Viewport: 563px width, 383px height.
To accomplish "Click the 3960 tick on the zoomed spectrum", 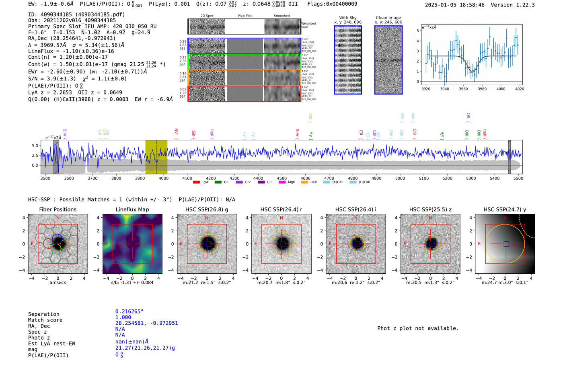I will pyautogui.click(x=463, y=89).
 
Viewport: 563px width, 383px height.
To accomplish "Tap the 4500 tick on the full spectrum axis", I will pyautogui.click(x=282, y=178).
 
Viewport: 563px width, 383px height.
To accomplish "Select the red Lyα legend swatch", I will pyautogui.click(x=196, y=182).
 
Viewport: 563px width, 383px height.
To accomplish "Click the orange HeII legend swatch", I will pyautogui.click(x=304, y=182).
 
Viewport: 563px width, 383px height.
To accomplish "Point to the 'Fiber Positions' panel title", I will pyautogui.click(x=58, y=209).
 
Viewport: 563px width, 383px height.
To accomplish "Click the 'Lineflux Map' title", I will pyautogui.click(x=132, y=209).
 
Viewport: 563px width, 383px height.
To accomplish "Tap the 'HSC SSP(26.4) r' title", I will pyautogui.click(x=281, y=209).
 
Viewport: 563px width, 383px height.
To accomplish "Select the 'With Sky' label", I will pyautogui.click(x=347, y=18).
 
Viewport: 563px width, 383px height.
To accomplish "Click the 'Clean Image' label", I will pyautogui.click(x=388, y=18).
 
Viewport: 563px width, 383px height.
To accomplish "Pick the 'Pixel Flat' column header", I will pyautogui.click(x=245, y=16).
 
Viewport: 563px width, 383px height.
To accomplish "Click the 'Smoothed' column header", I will pyautogui.click(x=281, y=16).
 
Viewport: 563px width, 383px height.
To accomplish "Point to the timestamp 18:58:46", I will pyautogui.click(x=468, y=5).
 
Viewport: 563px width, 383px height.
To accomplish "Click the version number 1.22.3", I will pyautogui.click(x=524, y=5).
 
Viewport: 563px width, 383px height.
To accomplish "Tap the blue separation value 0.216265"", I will pyautogui.click(x=129, y=311).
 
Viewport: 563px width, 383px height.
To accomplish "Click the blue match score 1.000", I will pyautogui.click(x=123, y=317).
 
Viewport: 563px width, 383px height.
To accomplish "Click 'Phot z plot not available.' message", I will pyautogui.click(x=418, y=328).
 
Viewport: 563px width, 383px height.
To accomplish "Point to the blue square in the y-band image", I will pyautogui.click(x=506, y=244).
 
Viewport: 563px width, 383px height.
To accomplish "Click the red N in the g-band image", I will pyautogui.click(x=207, y=218).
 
